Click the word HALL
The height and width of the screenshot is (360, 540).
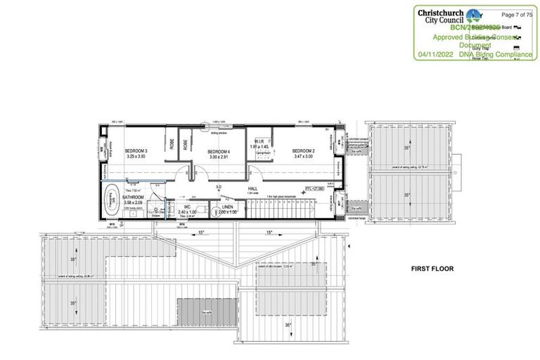coord(252,188)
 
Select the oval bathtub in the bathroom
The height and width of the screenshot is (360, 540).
coord(111,200)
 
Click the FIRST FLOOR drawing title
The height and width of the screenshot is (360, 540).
coord(433,269)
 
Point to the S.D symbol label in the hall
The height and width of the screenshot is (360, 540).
coord(219,186)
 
